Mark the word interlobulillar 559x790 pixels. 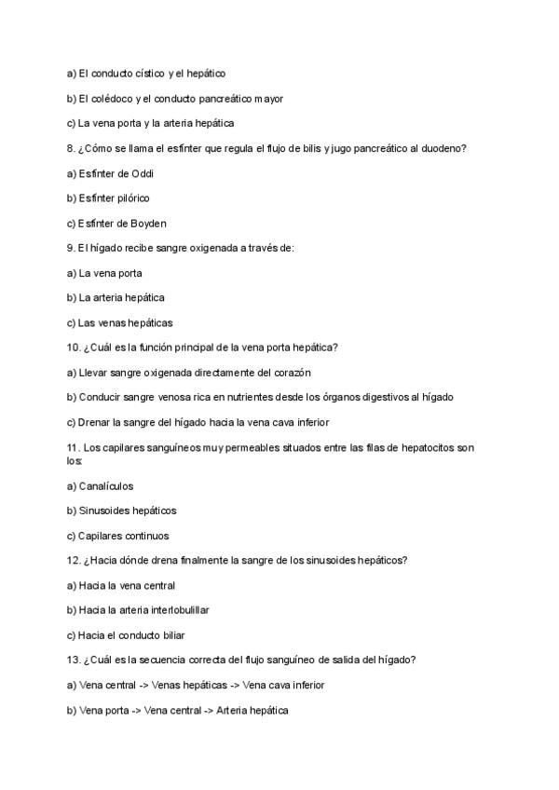[176, 610]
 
